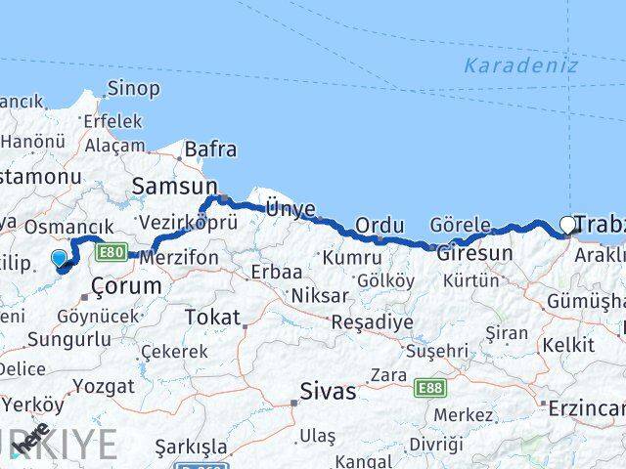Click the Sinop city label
tap(135, 89)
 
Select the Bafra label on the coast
tap(210, 149)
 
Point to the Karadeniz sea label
tap(520, 65)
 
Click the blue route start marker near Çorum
tap(60, 259)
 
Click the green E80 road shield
tap(111, 253)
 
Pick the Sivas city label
tap(327, 393)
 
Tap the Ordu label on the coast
tap(380, 226)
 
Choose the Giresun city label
tap(474, 253)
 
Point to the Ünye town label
tap(291, 208)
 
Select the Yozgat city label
tap(104, 386)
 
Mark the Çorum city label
tap(126, 286)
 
